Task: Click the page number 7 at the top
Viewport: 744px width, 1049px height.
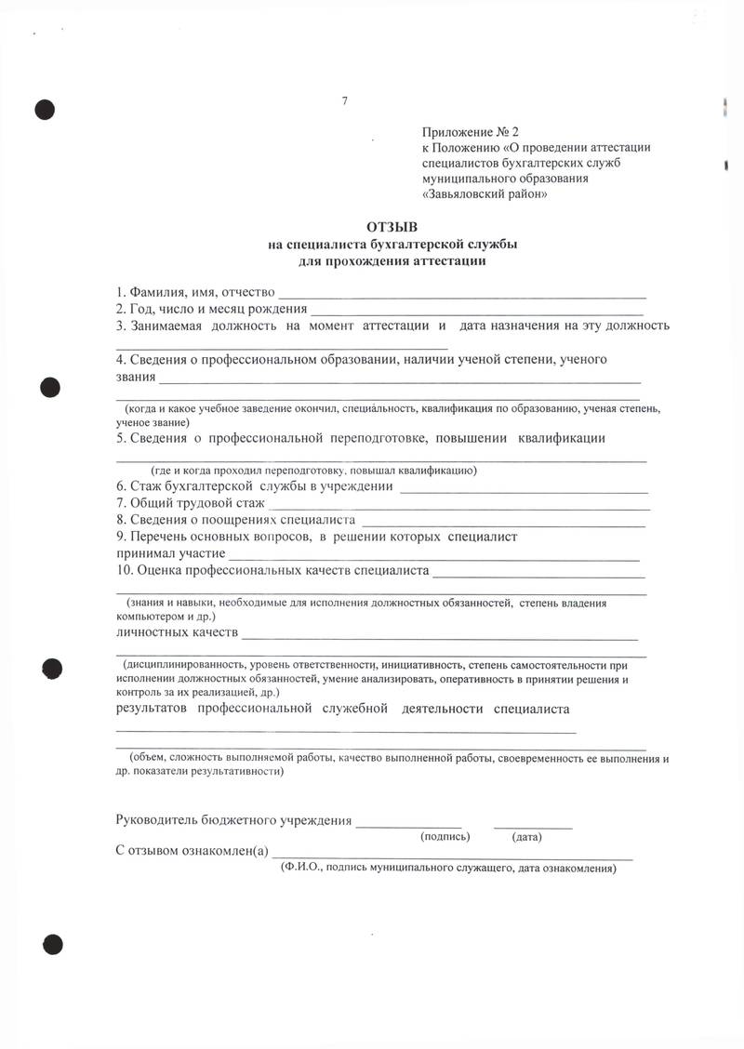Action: point(344,101)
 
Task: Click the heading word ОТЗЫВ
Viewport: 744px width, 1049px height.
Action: point(392,227)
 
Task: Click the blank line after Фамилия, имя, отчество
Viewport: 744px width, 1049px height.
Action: point(470,296)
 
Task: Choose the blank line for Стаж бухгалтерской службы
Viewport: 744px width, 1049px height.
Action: point(523,490)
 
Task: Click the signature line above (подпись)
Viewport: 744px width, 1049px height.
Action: point(409,826)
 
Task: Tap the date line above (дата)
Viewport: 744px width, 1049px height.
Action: point(533,826)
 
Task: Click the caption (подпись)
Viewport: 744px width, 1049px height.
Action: point(445,837)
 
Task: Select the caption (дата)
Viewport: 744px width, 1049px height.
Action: point(527,837)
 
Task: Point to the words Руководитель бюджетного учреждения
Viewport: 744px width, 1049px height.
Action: point(233,820)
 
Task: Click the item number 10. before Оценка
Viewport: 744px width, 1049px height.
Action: point(125,570)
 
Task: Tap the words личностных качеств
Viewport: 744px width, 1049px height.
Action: point(176,633)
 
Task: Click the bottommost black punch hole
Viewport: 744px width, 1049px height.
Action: point(50,945)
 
